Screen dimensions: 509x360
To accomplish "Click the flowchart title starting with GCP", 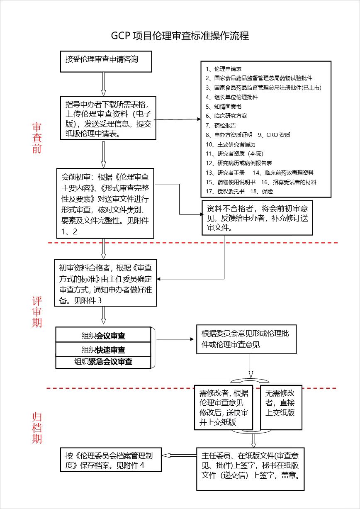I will (180, 36).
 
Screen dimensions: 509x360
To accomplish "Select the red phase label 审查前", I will (37, 138).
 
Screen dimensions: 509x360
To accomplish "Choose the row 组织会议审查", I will (103, 336).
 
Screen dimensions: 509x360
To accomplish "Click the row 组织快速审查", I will (103, 350).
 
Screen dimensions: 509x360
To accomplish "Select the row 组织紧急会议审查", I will (103, 361).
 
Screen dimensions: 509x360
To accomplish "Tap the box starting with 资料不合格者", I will (257, 217).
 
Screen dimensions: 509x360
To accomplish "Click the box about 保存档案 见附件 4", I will (110, 460).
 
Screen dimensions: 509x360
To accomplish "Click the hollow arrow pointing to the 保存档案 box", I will (179, 455).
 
